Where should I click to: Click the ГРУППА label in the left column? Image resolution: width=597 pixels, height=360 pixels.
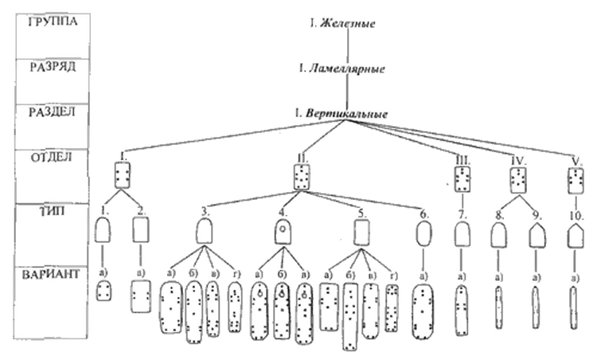pos(53,22)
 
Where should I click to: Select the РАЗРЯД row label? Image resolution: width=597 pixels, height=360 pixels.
pos(52,68)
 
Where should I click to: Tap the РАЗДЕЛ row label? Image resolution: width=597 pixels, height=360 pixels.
pos(53,112)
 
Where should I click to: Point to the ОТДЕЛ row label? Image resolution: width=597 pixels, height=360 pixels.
pos(52,157)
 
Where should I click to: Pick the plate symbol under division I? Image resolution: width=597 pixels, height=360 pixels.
pos(123,174)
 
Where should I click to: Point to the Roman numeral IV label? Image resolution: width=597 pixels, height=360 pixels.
pos(519,159)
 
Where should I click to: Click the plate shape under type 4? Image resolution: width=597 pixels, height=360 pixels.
pos(280,232)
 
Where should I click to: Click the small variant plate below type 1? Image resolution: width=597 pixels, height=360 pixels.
pos(103,292)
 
